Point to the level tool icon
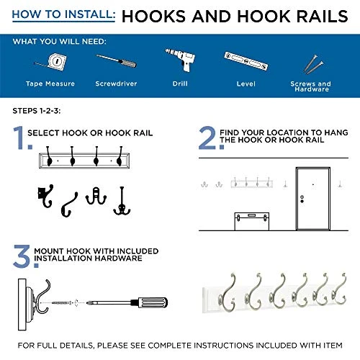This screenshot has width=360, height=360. [x=246, y=63]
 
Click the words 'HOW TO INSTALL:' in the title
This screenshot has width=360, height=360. [x=60, y=16]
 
